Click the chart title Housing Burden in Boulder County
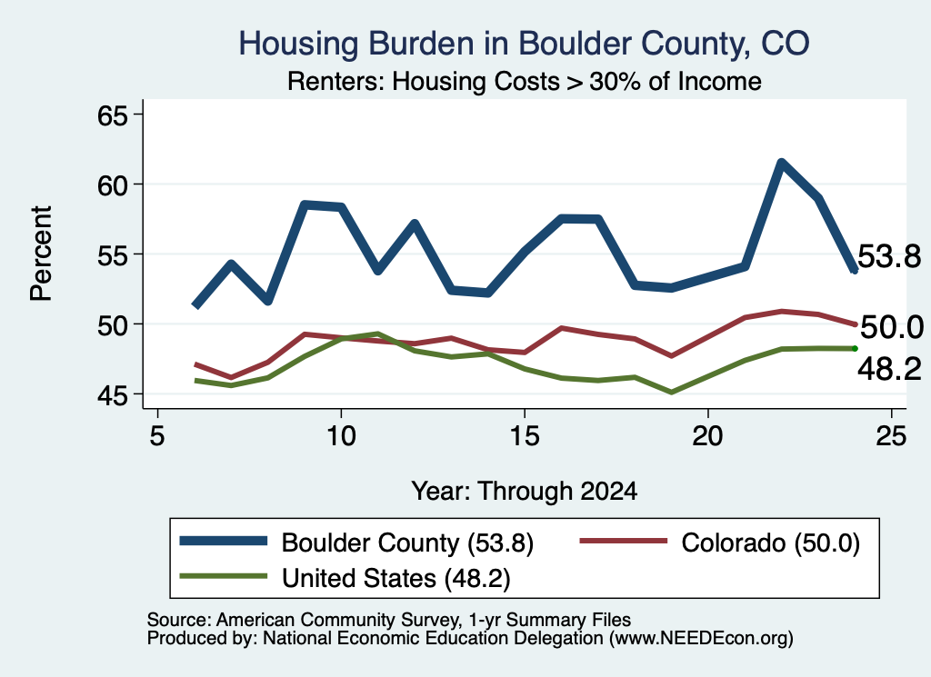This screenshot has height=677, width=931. (x=524, y=44)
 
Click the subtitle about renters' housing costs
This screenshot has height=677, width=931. (x=525, y=81)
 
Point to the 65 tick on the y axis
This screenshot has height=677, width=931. (x=113, y=115)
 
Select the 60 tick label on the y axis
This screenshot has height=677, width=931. (x=113, y=185)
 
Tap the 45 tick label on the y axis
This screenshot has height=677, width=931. (x=113, y=395)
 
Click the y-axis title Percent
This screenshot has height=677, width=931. (x=41, y=254)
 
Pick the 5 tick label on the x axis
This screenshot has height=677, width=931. (x=156, y=436)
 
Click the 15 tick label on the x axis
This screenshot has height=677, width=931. (x=525, y=436)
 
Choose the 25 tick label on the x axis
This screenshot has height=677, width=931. (x=891, y=436)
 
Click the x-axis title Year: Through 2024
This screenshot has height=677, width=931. (x=525, y=492)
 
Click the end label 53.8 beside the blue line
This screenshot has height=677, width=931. (x=889, y=257)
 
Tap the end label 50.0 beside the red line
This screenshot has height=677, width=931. (x=891, y=327)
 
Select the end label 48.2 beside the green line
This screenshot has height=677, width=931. (x=889, y=369)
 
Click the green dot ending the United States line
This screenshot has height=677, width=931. (x=855, y=348)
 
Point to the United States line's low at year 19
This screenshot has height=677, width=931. (x=672, y=393)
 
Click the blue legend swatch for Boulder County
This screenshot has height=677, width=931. (x=224, y=541)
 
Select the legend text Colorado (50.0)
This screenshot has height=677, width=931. (x=770, y=543)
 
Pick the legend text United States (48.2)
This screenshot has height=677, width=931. (x=396, y=579)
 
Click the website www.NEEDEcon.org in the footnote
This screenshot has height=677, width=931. (x=701, y=639)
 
